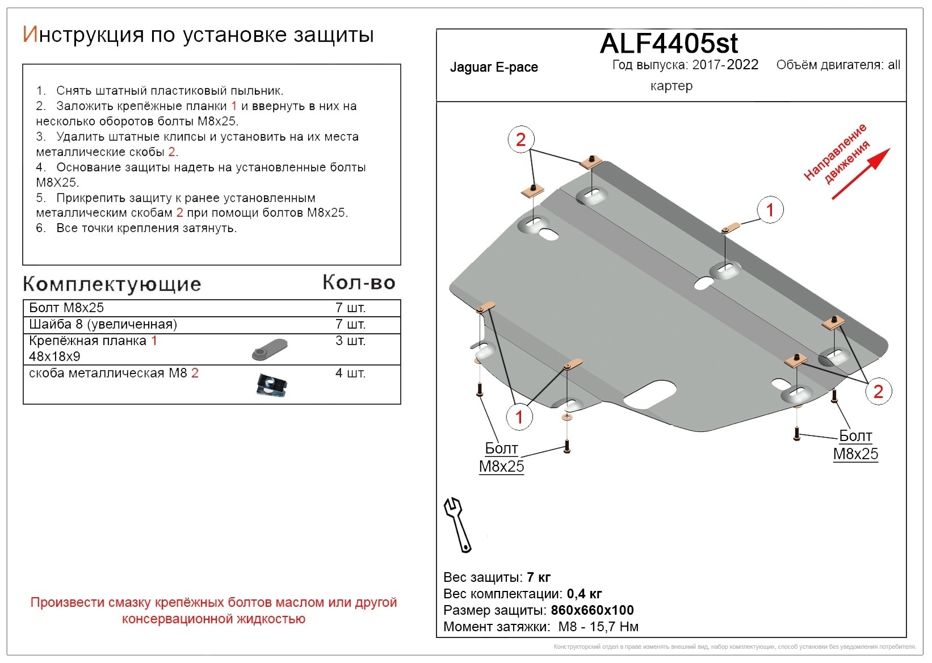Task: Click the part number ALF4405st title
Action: (669, 43)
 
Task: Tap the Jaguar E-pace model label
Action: (494, 68)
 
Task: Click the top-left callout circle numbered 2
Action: (520, 139)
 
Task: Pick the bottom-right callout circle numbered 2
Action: (878, 391)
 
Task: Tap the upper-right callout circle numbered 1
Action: (770, 210)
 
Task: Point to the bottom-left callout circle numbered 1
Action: (519, 417)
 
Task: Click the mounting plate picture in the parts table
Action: (270, 349)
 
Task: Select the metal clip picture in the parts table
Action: (271, 385)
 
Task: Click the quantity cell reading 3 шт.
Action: (350, 341)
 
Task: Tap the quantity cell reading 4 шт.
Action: (350, 374)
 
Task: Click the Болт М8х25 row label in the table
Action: (66, 308)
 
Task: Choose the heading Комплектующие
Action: (112, 284)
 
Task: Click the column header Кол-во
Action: (359, 282)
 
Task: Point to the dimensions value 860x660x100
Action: (592, 611)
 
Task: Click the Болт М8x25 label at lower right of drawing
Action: (855, 445)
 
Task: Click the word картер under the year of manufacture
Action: (671, 86)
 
